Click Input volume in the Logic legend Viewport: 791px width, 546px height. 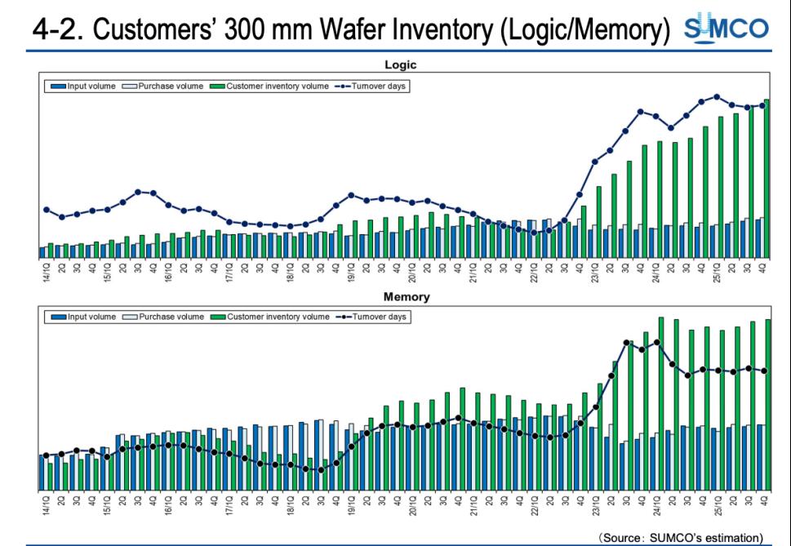click(x=90, y=86)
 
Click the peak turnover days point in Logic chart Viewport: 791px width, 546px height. click(x=717, y=96)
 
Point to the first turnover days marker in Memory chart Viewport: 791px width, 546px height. click(x=46, y=455)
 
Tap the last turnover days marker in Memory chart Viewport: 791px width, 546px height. click(x=764, y=371)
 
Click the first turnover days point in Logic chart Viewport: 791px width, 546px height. click(x=46, y=210)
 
